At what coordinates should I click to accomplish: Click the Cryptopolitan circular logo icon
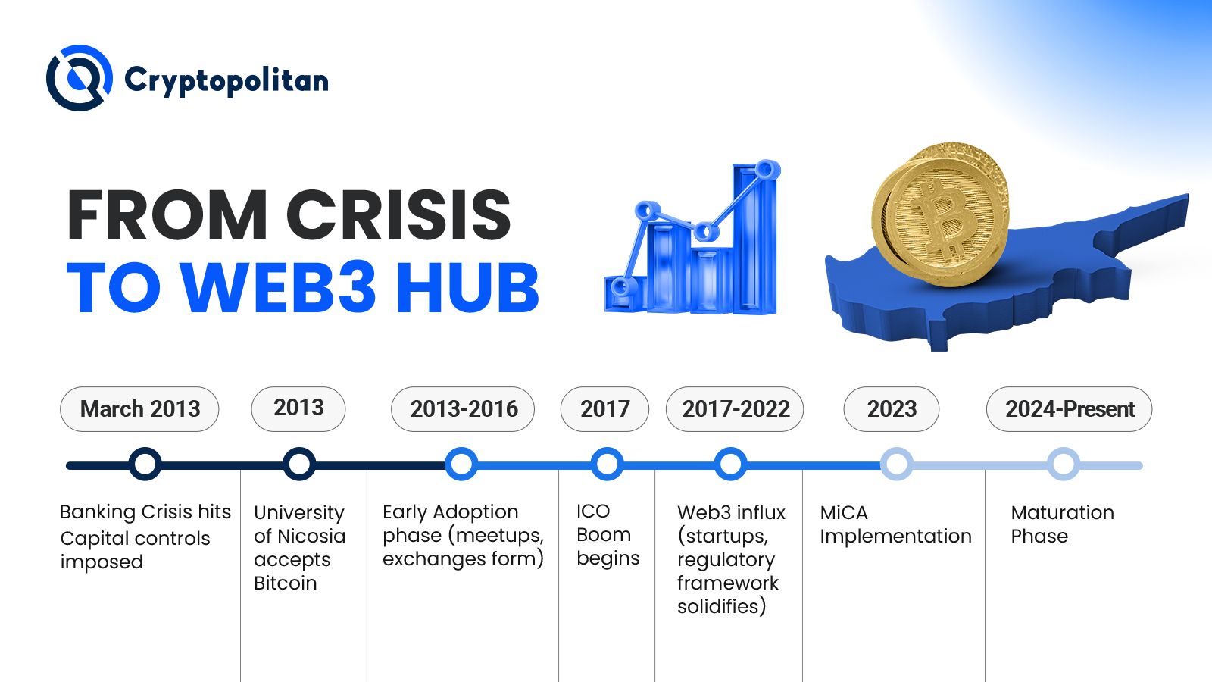point(80,78)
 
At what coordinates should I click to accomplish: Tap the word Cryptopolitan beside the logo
point(226,81)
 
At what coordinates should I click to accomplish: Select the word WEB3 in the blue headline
point(278,287)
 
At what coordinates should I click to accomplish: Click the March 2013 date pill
point(139,409)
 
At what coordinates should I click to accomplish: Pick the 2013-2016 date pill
point(463,409)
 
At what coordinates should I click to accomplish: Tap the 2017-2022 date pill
point(735,409)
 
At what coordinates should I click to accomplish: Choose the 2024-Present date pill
point(1069,409)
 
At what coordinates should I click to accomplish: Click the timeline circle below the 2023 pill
point(897,464)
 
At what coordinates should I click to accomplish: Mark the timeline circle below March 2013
point(145,464)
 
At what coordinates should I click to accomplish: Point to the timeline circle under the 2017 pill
point(607,464)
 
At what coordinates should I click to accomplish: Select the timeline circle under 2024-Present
point(1064,464)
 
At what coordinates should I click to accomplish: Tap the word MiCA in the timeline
point(844,512)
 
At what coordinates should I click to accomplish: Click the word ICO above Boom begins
point(593,511)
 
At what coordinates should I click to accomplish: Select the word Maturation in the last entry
point(1063,512)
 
